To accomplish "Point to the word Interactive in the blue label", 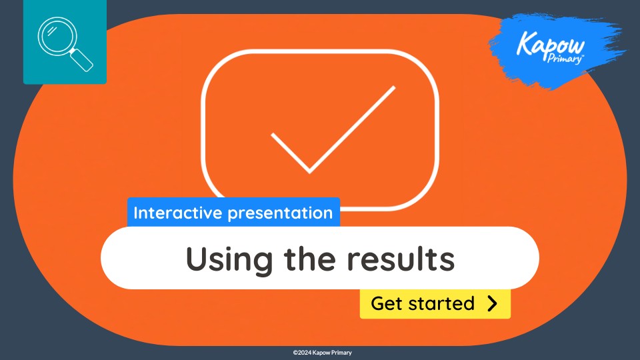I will [x=178, y=213].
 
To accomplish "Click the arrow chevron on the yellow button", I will [x=493, y=304].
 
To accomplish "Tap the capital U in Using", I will [x=195, y=259].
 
